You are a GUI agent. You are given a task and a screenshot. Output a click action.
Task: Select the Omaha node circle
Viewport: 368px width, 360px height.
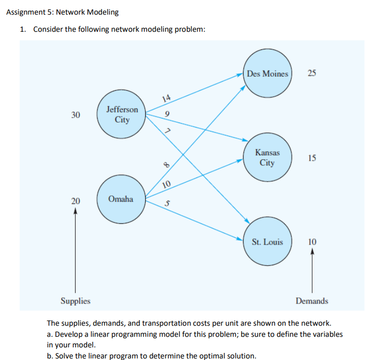[121, 199]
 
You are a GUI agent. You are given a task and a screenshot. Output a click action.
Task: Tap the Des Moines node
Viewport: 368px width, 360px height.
[268, 74]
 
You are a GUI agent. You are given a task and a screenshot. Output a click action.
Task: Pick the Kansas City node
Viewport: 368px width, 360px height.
[267, 157]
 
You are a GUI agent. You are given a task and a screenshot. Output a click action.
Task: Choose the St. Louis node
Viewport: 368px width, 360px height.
[267, 242]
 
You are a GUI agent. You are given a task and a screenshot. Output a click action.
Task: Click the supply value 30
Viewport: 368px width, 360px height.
[76, 115]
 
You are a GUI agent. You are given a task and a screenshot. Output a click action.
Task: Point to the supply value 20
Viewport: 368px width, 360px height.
[76, 201]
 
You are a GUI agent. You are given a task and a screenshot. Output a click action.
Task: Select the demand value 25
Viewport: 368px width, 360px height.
[312, 74]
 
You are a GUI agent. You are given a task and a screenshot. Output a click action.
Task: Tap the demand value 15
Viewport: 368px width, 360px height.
[312, 158]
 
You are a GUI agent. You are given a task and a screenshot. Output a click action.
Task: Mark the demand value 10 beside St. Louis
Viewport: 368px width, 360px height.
[312, 242]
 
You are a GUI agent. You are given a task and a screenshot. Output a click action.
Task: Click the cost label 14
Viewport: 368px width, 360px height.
[167, 99]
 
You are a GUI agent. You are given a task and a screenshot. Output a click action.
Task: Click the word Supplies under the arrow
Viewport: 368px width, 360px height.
[76, 301]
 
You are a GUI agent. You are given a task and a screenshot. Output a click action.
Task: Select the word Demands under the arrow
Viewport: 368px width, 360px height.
[312, 301]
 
